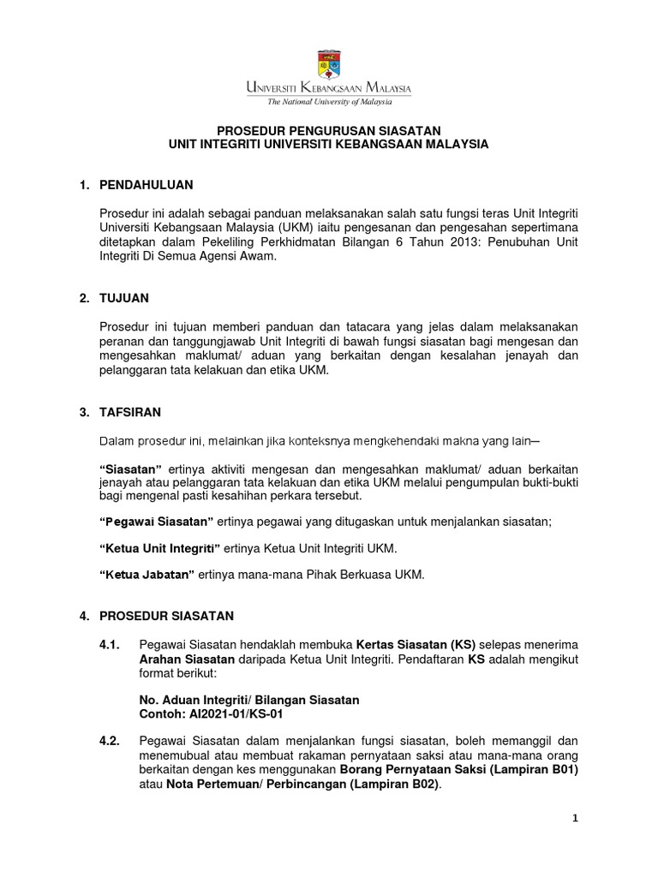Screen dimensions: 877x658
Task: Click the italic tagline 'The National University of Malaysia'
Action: [x=328, y=101]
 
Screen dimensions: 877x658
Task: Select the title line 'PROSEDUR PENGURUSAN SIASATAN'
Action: [x=328, y=130]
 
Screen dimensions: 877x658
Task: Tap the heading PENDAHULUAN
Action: [x=147, y=184]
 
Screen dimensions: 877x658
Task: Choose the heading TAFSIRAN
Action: [x=131, y=412]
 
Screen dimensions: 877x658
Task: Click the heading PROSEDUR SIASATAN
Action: [x=161, y=616]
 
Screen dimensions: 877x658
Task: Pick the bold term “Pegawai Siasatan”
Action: [x=156, y=523]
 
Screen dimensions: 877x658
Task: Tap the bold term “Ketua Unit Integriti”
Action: [x=160, y=547]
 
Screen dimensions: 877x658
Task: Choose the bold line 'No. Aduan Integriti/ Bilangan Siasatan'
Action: [x=248, y=700]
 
